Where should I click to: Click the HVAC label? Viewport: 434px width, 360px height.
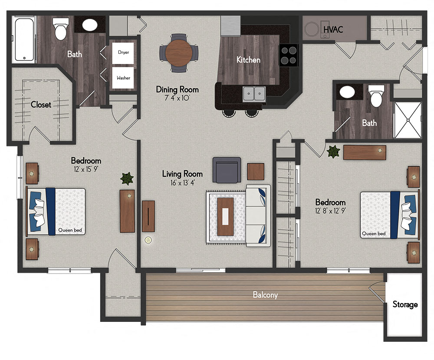[x=333, y=30]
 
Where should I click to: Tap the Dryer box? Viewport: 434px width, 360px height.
[x=123, y=53]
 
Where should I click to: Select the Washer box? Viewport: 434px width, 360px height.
[x=123, y=78]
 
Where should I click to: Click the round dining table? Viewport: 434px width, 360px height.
[x=179, y=53]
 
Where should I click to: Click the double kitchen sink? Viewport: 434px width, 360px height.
[x=254, y=93]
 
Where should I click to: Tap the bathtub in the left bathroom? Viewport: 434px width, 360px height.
[x=24, y=39]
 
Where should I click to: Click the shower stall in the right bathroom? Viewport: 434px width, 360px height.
[x=407, y=120]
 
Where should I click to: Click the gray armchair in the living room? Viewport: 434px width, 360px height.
[x=227, y=170]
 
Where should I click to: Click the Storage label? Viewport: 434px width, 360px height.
[x=405, y=304]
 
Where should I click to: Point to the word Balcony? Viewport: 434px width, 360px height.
[x=265, y=295]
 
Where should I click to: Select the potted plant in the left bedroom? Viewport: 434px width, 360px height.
[x=127, y=178]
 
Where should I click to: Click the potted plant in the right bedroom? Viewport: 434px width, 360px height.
[x=333, y=152]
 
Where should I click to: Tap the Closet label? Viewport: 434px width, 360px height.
[x=41, y=105]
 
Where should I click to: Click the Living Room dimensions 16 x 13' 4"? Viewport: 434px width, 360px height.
[x=183, y=183]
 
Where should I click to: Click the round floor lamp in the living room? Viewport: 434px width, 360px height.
[x=148, y=239]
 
